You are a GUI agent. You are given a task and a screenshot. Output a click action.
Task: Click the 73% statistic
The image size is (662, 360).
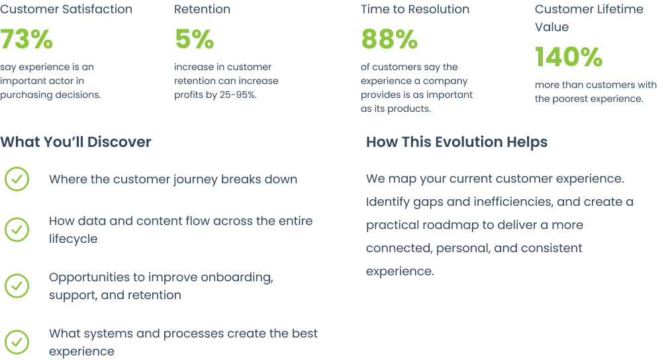[26, 39]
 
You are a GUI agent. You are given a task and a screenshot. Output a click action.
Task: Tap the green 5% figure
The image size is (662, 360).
[194, 39]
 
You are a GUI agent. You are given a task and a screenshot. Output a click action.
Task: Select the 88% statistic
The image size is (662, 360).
[389, 39]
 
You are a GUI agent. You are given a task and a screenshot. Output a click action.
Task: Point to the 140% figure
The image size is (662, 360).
[569, 57]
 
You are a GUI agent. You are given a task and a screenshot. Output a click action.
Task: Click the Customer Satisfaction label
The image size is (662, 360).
[66, 9]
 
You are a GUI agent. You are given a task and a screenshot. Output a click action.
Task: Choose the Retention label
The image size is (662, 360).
[202, 9]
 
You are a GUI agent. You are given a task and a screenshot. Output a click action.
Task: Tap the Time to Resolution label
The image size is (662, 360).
[415, 9]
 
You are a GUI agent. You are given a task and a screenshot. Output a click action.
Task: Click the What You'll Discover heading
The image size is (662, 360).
[75, 142]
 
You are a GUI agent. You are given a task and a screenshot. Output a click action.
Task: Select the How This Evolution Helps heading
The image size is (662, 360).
[457, 142]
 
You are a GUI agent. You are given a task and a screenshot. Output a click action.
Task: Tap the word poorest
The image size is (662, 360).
[574, 99]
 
